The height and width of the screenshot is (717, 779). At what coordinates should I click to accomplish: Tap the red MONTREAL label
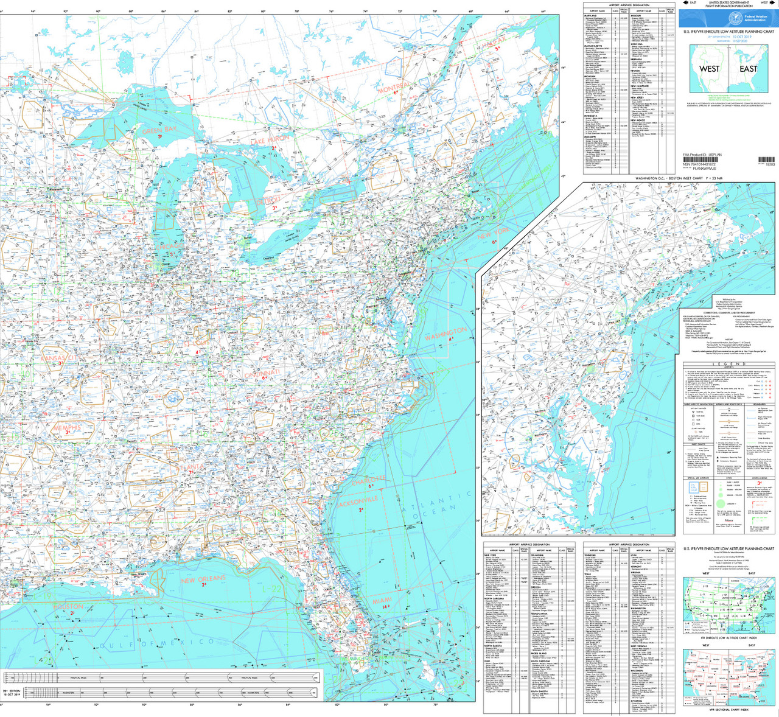coord(394,88)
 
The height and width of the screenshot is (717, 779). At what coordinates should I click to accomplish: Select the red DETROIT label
coord(268,200)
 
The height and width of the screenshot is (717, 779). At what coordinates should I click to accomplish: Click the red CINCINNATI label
coord(262,373)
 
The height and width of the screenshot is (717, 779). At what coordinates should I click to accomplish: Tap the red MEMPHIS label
coord(66,428)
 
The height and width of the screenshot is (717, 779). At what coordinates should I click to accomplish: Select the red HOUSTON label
coord(68,607)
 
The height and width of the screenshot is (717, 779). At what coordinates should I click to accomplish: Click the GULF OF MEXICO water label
coord(157,643)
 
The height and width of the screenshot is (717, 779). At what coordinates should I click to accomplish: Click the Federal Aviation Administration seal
coord(735,18)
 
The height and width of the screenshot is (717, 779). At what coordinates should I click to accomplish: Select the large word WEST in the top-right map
coord(709,69)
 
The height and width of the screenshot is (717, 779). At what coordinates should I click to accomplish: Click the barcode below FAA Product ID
coord(766,160)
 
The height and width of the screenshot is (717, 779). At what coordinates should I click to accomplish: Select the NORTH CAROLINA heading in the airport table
coord(494,598)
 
